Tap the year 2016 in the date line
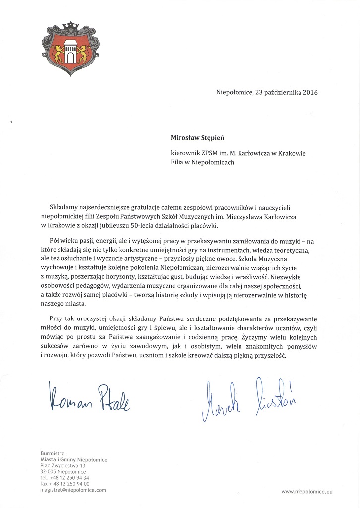coord(310,92)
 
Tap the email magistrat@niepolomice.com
coord(73,490)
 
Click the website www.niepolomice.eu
coord(305,491)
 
